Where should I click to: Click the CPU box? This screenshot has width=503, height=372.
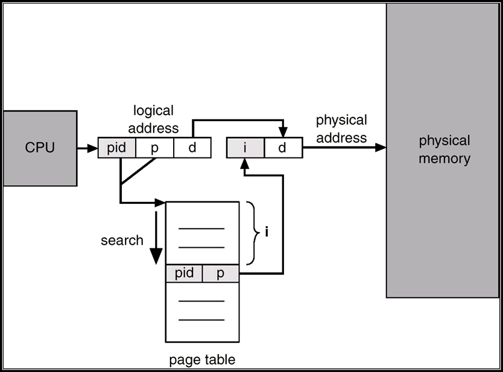coord(40,148)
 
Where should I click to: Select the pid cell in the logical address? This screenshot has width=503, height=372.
coord(117,148)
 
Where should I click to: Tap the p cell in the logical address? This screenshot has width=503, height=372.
coord(154,148)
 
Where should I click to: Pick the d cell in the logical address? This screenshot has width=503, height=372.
coord(192,148)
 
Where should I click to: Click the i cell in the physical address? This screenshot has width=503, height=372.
coord(245,148)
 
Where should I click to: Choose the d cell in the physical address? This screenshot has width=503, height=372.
coord(283,148)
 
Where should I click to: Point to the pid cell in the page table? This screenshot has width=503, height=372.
coord(184,273)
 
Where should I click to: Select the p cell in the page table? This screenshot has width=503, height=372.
coord(221,273)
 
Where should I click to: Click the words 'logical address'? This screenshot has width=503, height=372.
coord(153,119)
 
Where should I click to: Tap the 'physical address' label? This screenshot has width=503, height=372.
coord(341,129)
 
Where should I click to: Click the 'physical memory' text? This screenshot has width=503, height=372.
coord(444,150)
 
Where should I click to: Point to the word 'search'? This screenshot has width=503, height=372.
coord(122,240)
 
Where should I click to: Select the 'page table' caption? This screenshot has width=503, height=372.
coord(202,360)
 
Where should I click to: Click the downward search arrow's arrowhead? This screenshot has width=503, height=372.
coord(156,256)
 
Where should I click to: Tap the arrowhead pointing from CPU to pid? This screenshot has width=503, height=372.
coord(93,148)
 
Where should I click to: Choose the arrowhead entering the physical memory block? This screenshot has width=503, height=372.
coord(381,148)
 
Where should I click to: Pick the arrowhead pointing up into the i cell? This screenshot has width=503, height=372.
coord(245,163)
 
